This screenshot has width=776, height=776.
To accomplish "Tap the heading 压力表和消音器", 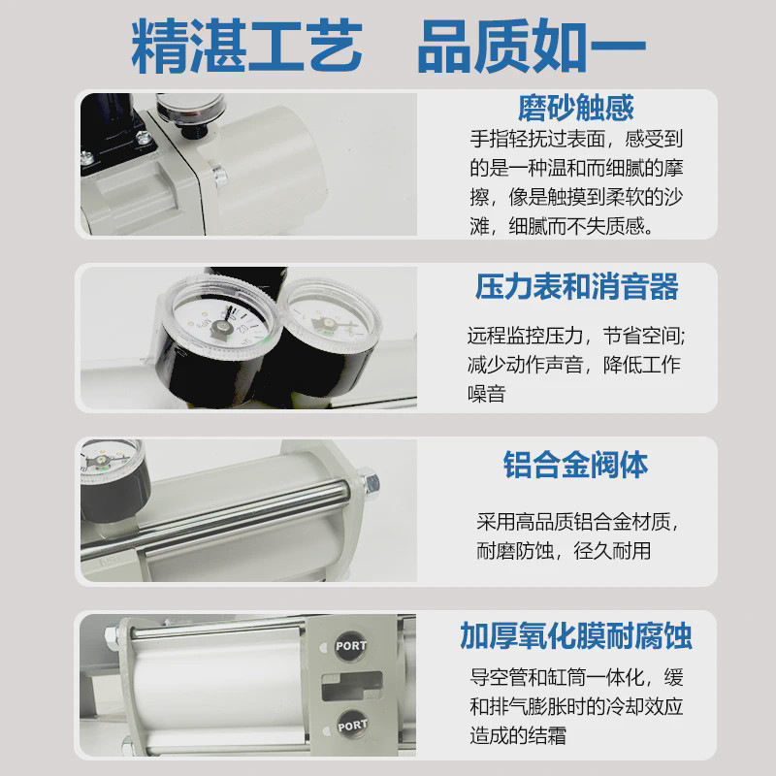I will (576, 288).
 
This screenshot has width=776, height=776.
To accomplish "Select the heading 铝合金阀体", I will (576, 464).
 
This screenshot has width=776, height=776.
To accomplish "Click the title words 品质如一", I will (532, 45).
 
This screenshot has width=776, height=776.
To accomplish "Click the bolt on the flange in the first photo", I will (220, 176).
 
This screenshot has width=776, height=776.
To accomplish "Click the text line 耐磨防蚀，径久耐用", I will (563, 551).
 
